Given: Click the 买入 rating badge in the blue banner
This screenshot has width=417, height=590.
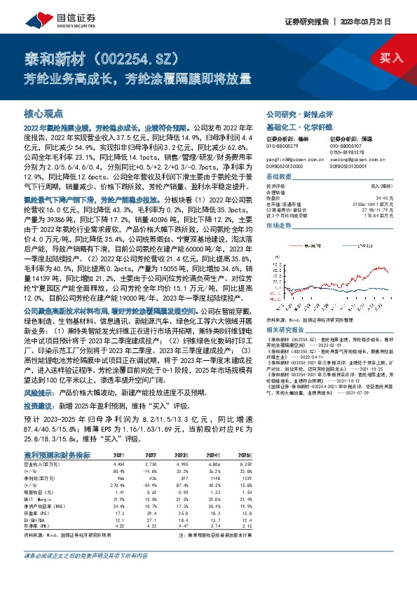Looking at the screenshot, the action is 391,56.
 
